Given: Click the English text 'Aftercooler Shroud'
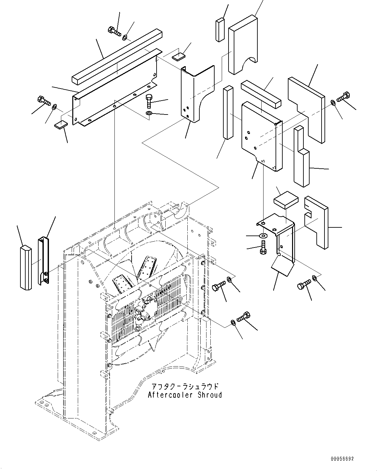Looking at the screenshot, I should click(x=185, y=395).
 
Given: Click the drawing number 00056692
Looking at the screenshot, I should click(x=342, y=459).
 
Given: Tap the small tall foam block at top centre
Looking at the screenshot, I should click(x=220, y=30).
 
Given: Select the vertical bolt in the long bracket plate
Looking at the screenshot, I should click(x=149, y=101).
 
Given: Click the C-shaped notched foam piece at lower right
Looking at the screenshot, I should click(x=316, y=221).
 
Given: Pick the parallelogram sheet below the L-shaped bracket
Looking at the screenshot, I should click(x=283, y=266).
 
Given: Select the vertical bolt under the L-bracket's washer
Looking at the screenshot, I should click(x=263, y=246).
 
